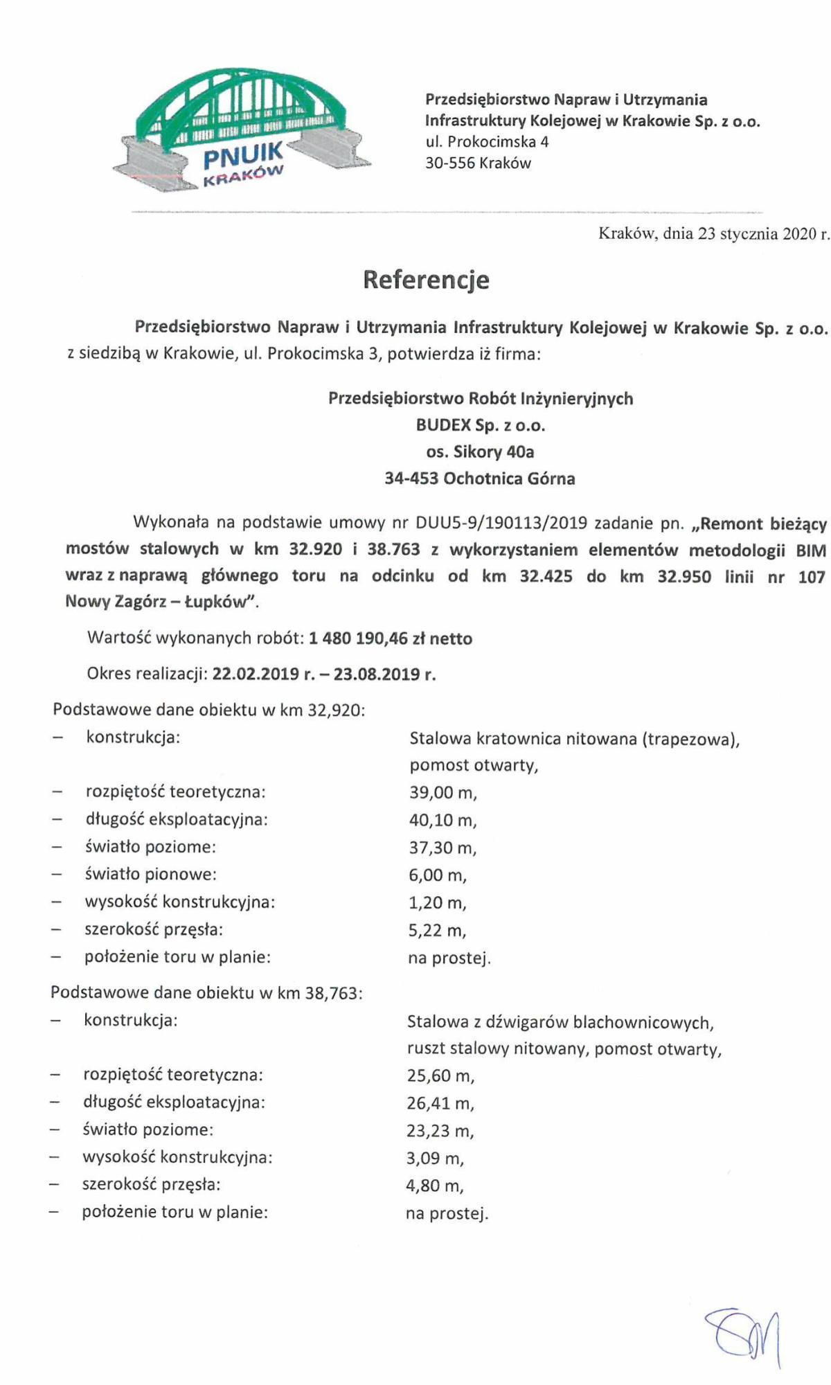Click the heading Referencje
coord(426,280)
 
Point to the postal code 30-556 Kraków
coord(478,163)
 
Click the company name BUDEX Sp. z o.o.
coord(481,425)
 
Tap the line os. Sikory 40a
coord(481,452)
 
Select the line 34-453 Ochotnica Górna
coord(480,479)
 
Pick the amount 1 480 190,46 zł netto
coord(391,638)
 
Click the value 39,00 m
coord(443,792)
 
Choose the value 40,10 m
coord(443,820)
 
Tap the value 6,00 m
coord(438,875)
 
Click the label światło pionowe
coord(150,874)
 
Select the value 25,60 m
coord(440,1075)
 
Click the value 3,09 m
coord(435,1158)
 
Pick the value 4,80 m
coord(435,1186)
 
